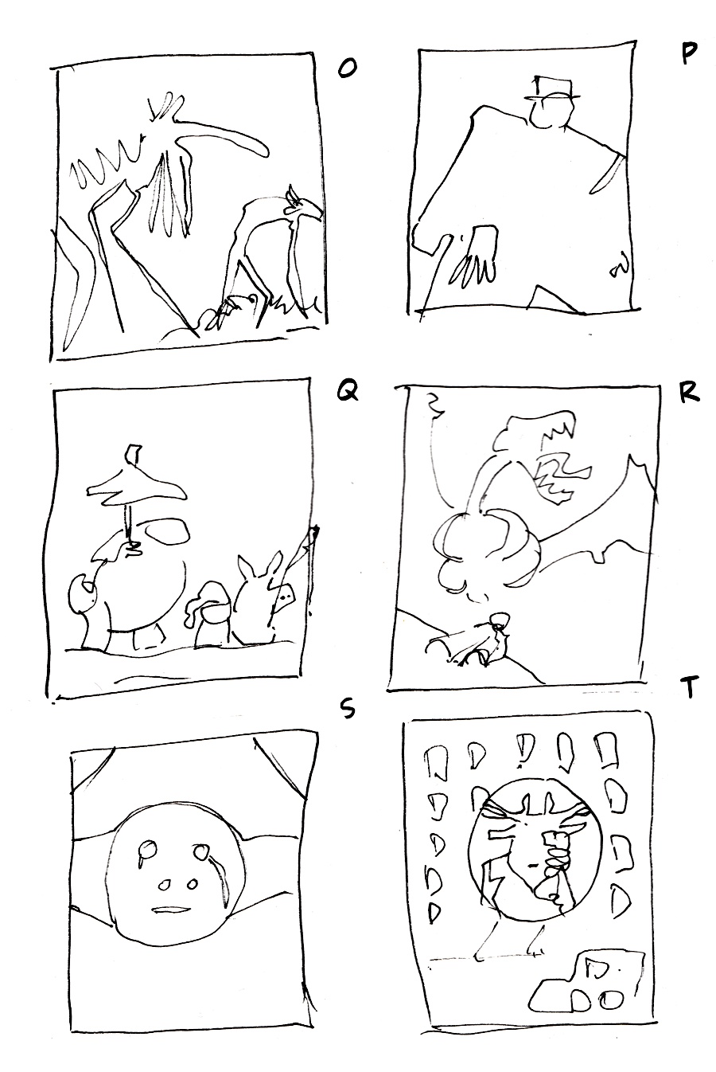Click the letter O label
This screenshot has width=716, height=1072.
(347, 69)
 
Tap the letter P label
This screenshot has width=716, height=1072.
(688, 53)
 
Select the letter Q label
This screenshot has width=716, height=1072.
(348, 394)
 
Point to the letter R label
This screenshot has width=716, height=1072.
(689, 393)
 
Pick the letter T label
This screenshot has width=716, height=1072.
(689, 686)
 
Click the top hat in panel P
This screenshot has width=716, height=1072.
(553, 88)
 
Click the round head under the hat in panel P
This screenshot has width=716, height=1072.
(552, 113)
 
